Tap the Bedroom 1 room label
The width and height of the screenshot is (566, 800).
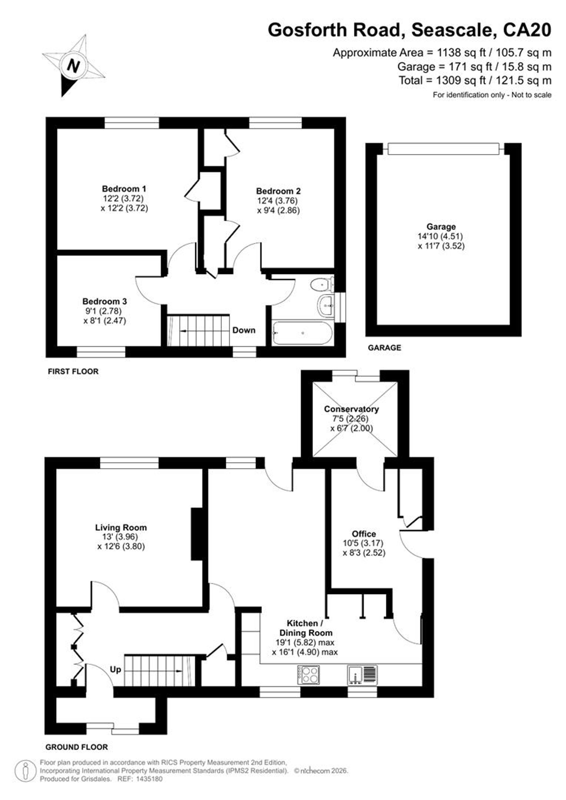[x=124, y=189]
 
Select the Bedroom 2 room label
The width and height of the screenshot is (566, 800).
[x=278, y=191]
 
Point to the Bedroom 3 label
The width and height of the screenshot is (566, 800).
[x=104, y=301]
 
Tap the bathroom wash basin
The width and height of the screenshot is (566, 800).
[x=326, y=306]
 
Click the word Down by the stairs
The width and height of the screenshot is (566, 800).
[x=244, y=330]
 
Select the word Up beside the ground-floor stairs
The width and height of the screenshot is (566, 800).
[x=115, y=669]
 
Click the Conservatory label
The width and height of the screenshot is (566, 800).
[x=351, y=409]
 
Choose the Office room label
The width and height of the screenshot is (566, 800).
[x=364, y=534]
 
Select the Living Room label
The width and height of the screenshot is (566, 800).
[x=121, y=527]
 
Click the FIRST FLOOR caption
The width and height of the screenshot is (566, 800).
[x=73, y=372]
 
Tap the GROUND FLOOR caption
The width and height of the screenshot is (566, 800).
[x=77, y=747]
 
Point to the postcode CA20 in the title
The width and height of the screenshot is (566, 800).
[x=527, y=30]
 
